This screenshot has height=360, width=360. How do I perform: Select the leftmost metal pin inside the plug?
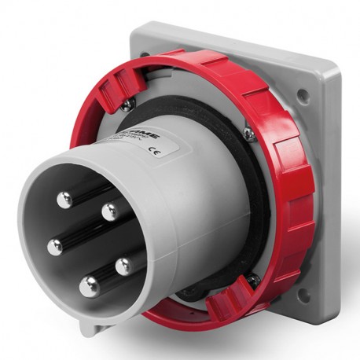click(55, 247)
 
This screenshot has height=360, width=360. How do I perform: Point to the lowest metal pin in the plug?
click(90, 287)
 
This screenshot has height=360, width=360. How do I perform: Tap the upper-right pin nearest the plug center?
click(111, 210)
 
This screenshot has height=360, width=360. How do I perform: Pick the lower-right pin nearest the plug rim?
click(124, 266)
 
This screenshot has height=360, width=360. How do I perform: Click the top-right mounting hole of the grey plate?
click(302, 95)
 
